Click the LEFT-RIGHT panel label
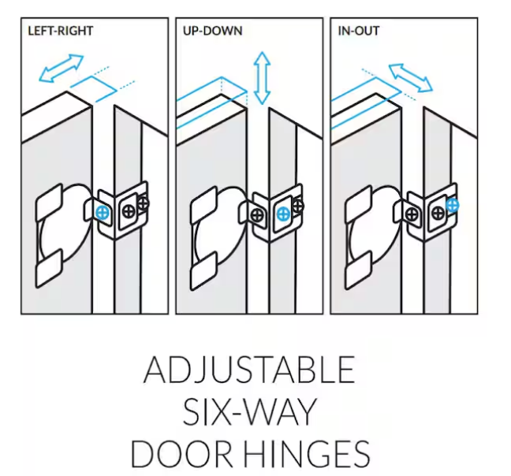pyautogui.click(x=61, y=31)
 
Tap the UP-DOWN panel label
pyautogui.click(x=213, y=31)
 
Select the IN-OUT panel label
pyautogui.click(x=359, y=31)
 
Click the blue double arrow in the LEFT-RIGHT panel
pyautogui.click(x=62, y=69)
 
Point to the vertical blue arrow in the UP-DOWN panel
pyautogui.click(x=262, y=78)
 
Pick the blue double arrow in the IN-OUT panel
pyautogui.click(x=411, y=78)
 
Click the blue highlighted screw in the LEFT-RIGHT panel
pyautogui.click(x=103, y=213)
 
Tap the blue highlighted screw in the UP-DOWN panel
pyautogui.click(x=282, y=214)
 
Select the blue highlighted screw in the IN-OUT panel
pyautogui.click(x=453, y=206)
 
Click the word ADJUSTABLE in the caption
pyautogui.click(x=249, y=370)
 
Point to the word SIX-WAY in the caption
pyautogui.click(x=250, y=411)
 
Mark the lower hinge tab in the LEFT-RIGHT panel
pyautogui.click(x=49, y=270)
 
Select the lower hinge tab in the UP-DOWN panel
pyautogui.click(x=204, y=271)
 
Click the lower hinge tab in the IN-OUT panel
pyautogui.click(x=359, y=270)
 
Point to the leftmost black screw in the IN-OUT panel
pyautogui.click(x=412, y=215)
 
